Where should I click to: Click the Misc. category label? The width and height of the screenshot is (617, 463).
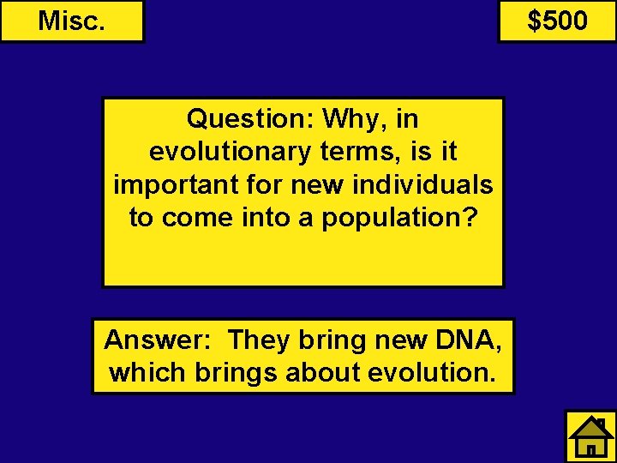[72, 21]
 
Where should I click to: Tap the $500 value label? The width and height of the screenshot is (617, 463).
[557, 21]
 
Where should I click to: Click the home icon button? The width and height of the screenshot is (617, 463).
[590, 436]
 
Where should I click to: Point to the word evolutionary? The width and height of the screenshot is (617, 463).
[229, 152]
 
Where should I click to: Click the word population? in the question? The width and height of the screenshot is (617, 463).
[399, 218]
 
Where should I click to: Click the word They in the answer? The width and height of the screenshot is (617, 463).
[260, 340]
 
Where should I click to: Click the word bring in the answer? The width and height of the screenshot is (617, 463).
[331, 340]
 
